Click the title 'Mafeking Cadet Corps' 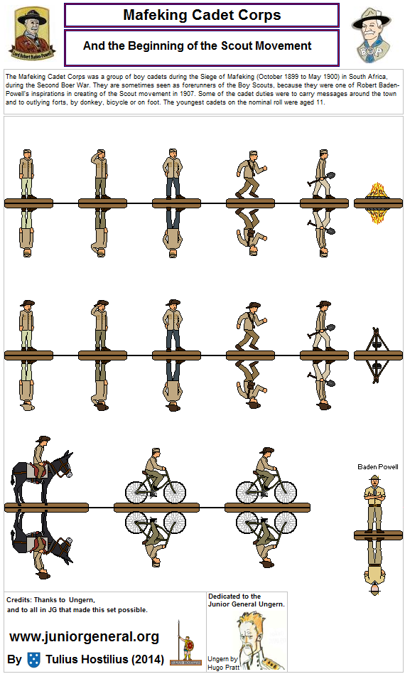click(x=202, y=15)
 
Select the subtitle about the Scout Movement click(x=198, y=46)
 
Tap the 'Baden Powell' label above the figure click(x=378, y=467)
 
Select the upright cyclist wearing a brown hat click(x=264, y=476)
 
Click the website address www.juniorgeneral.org click(x=84, y=636)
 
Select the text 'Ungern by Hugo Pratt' click(x=220, y=663)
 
